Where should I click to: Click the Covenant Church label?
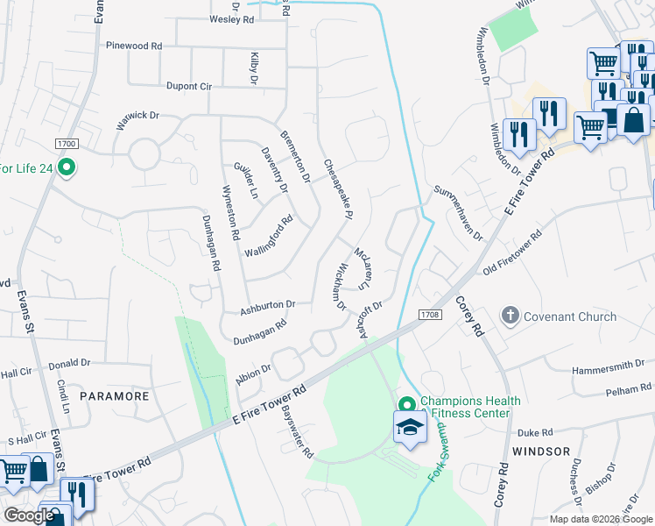(560, 315)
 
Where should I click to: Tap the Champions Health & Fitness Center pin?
(406, 404)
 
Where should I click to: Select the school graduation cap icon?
(409, 429)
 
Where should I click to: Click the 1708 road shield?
(428, 314)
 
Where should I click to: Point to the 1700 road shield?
(66, 143)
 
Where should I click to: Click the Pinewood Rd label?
(133, 45)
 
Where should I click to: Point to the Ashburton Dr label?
(268, 305)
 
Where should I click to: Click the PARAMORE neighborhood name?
(115, 396)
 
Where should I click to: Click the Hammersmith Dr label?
(607, 366)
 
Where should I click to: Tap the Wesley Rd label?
(232, 18)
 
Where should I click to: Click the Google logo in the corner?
(29, 515)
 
